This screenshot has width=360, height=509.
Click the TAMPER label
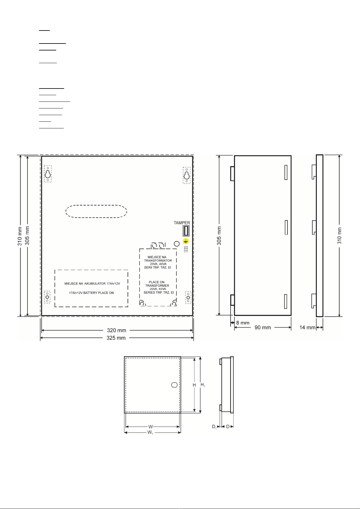point(182,223)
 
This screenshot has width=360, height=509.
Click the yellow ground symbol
point(186,241)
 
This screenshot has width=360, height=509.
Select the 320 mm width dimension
point(117,330)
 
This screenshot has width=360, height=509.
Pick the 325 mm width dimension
point(116,338)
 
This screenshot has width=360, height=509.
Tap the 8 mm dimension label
point(243,323)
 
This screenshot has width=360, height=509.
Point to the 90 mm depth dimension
point(263,327)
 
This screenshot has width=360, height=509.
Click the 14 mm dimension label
point(307,327)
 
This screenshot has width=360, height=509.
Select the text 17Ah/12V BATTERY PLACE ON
point(91,293)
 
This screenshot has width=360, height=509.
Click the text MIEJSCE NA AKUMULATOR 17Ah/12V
point(92,284)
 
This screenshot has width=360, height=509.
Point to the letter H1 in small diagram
point(203,385)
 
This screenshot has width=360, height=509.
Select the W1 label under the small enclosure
point(150,432)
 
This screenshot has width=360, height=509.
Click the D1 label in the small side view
point(214,427)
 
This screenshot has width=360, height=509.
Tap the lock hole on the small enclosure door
point(174,385)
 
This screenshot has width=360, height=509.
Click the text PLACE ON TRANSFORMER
point(157,284)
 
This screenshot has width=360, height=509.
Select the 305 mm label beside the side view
point(219,236)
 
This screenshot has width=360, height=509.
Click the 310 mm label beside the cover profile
point(339,236)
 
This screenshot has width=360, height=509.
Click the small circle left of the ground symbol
point(177,244)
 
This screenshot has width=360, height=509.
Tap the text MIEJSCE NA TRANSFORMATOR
point(158,259)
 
